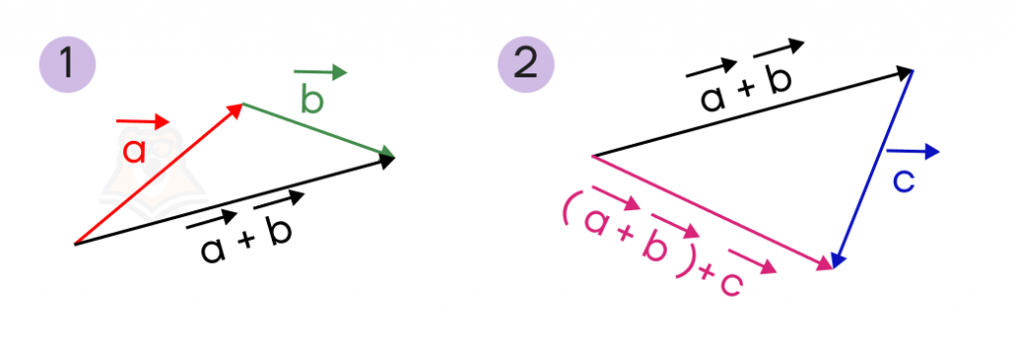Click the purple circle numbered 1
67,64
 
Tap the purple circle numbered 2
525,64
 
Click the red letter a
135,151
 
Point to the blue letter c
903,181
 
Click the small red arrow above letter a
143,121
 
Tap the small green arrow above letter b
320,72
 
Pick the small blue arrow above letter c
913,152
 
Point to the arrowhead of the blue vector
835,260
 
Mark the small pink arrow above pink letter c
752,260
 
